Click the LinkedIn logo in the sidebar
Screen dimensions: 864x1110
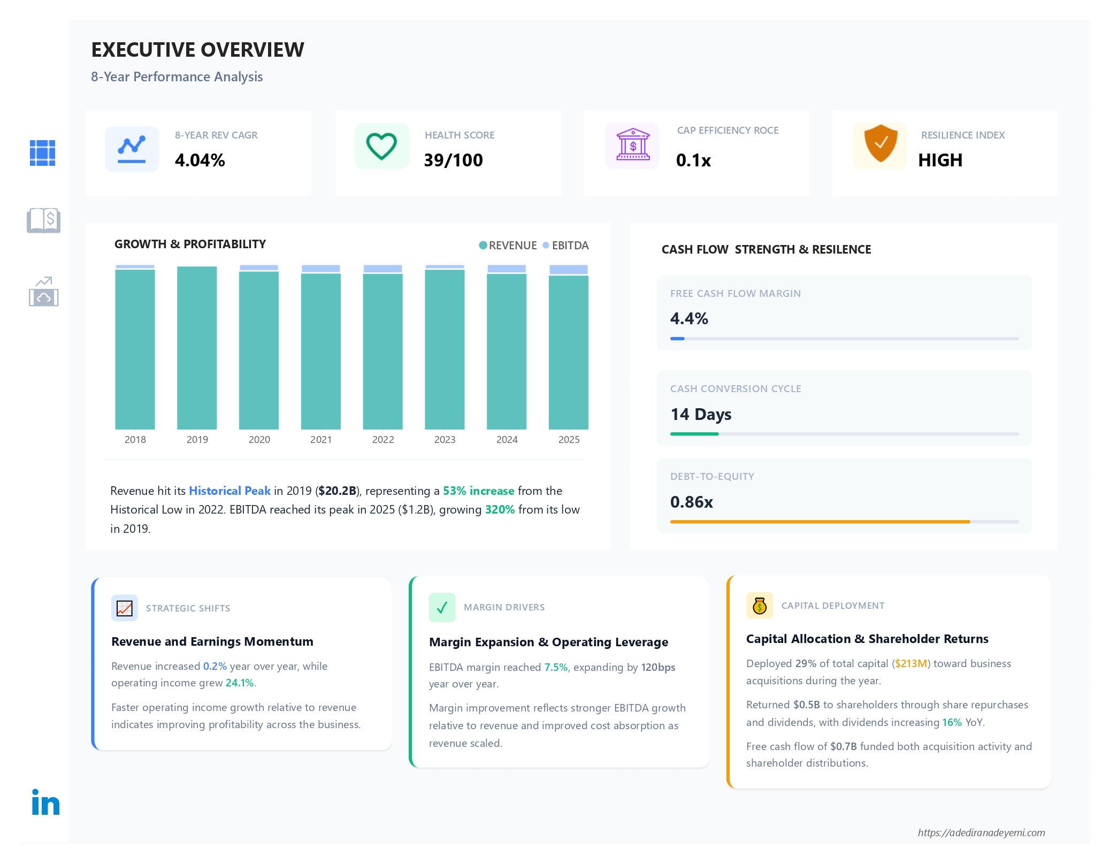45,802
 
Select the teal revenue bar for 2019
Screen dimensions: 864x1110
197,348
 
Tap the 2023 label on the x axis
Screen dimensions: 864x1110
445,439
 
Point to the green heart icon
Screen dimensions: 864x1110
381,146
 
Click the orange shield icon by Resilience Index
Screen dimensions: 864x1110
881,144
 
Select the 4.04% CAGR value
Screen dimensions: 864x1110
200,160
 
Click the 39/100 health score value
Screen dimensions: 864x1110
453,160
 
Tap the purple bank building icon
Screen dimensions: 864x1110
633,145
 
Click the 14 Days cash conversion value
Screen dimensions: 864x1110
701,414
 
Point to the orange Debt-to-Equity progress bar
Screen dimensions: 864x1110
820,522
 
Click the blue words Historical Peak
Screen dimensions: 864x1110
229,491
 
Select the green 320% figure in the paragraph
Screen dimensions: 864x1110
500,509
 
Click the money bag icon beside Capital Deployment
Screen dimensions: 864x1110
760,606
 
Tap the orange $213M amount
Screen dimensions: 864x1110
911,663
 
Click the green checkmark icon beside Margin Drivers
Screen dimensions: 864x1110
442,607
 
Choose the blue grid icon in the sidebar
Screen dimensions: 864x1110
43,153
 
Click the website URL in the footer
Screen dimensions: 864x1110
981,832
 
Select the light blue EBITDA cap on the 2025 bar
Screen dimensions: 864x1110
569,270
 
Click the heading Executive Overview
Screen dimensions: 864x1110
197,50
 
